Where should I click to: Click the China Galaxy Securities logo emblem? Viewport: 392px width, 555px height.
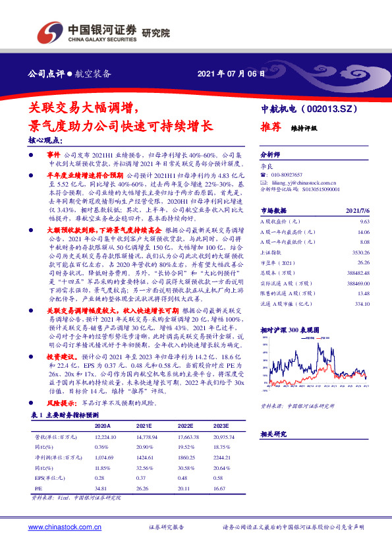pos(48,30)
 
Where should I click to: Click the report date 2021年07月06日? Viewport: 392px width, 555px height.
pos(231,73)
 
